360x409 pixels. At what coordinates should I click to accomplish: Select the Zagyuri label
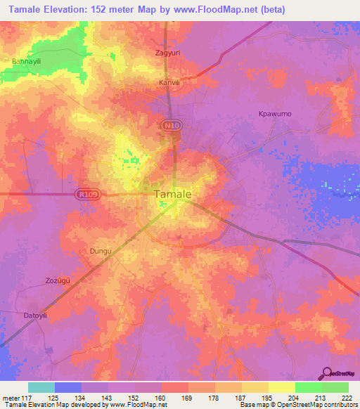pos(167,53)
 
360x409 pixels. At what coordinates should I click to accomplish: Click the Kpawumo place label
pos(275,114)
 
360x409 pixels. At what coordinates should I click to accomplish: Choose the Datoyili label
pos(35,315)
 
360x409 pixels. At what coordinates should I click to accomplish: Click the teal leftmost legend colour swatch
pos(41,387)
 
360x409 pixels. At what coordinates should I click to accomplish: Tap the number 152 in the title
pos(112,9)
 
